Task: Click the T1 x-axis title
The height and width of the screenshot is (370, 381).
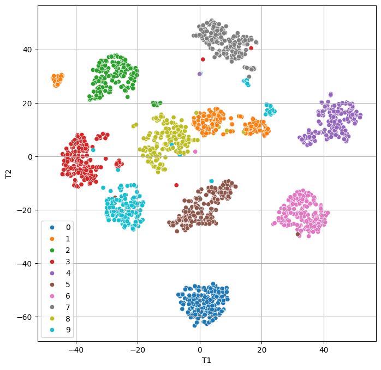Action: (206, 360)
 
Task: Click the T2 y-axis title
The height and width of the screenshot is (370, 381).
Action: (8, 173)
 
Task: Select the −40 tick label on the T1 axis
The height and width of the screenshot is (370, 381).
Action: (76, 348)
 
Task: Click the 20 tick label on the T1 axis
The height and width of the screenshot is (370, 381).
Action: (261, 348)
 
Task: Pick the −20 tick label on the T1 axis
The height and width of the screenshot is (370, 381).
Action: (138, 348)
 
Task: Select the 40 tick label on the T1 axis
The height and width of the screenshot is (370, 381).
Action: (324, 348)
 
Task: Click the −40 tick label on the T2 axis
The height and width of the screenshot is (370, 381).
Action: (25, 263)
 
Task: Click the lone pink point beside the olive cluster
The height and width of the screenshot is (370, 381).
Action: (195, 151)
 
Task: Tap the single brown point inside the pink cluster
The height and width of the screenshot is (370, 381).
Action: (297, 234)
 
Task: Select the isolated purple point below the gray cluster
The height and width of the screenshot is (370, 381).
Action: (200, 74)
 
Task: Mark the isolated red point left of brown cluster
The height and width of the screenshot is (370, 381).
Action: (176, 185)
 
